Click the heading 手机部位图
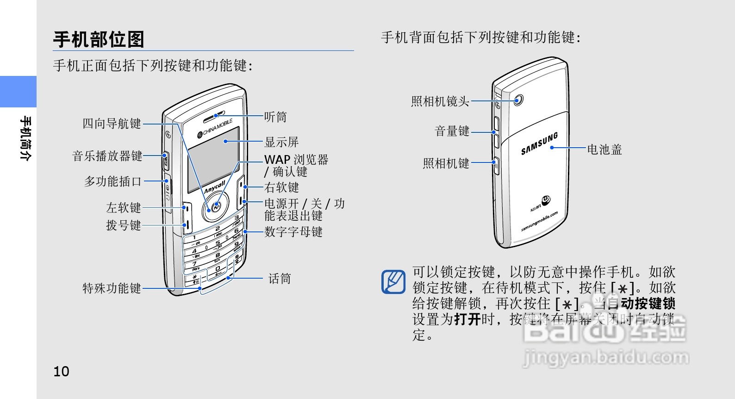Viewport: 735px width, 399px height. pyautogui.click(x=99, y=39)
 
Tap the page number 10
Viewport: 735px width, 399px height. pyautogui.click(x=61, y=371)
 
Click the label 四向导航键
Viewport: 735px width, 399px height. pyautogui.click(x=112, y=124)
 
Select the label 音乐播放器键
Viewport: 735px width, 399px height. pyautogui.click(x=107, y=156)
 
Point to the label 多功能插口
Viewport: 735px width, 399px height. pyautogui.click(x=112, y=181)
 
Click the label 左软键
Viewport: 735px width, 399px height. pyautogui.click(x=123, y=207)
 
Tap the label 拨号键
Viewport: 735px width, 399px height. pyautogui.click(x=123, y=225)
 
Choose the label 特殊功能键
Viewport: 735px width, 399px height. pyautogui.click(x=112, y=288)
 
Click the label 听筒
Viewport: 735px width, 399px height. pyautogui.click(x=275, y=117)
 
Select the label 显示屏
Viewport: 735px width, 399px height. pyautogui.click(x=281, y=142)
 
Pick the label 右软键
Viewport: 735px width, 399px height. pyautogui.click(x=281, y=187)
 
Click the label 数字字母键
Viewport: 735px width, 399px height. pyautogui.click(x=293, y=232)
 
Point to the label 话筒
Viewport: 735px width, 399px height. pyautogui.click(x=280, y=279)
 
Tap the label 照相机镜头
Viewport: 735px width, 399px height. pyautogui.click(x=440, y=101)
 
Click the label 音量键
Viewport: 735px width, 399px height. pyautogui.click(x=452, y=131)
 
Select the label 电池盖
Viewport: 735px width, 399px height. pyautogui.click(x=604, y=150)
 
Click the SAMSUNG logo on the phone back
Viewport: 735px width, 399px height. pyautogui.click(x=539, y=144)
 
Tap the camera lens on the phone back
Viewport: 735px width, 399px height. pyautogui.click(x=518, y=100)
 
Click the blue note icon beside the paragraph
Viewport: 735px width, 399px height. pyautogui.click(x=393, y=281)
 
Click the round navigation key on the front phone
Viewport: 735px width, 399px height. pyautogui.click(x=216, y=206)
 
